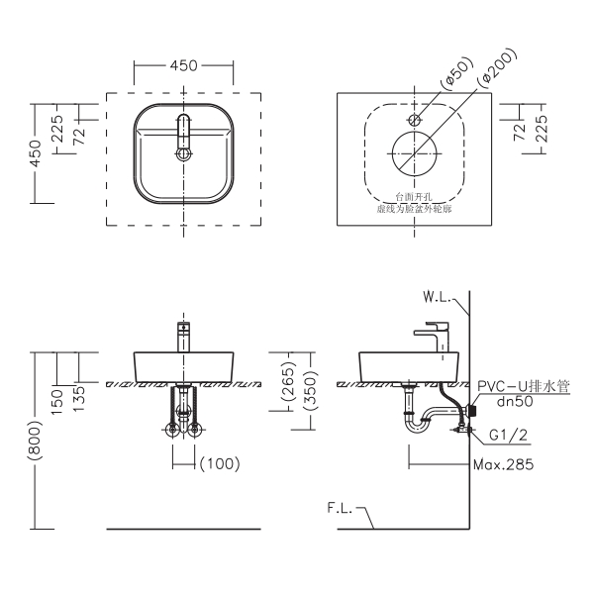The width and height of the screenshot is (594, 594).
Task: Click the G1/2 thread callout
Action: tap(508, 433)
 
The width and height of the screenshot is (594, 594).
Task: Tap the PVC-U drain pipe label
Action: tap(523, 387)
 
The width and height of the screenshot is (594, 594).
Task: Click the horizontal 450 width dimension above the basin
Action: tap(182, 65)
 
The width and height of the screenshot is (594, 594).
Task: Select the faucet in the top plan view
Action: tap(182, 136)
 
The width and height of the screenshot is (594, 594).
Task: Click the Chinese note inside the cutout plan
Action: tap(413, 204)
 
